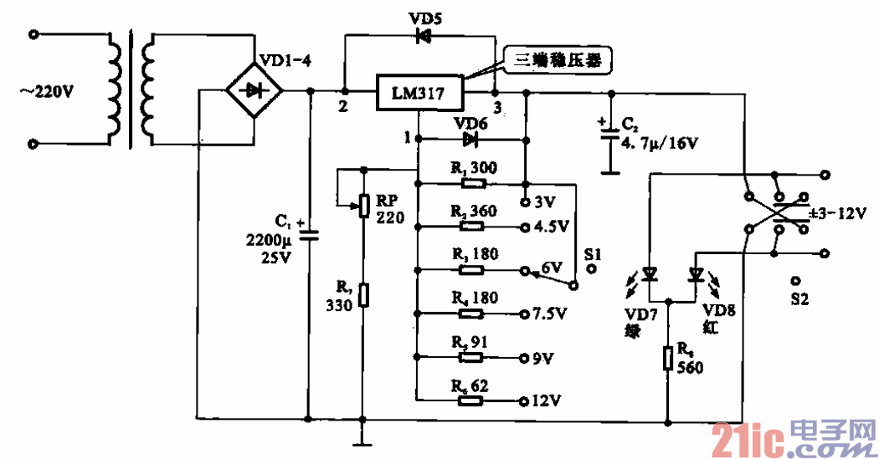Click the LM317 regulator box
(419, 93)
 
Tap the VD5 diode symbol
(424, 35)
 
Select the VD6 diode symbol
(469, 139)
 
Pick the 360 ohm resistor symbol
(470, 226)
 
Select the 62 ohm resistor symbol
(470, 400)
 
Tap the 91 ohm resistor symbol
(470, 357)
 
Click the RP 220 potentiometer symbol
(363, 205)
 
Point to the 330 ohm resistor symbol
(363, 295)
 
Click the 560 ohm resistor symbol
(668, 359)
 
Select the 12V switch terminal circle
(523, 400)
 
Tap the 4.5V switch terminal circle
(523, 227)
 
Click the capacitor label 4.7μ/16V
(658, 143)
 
